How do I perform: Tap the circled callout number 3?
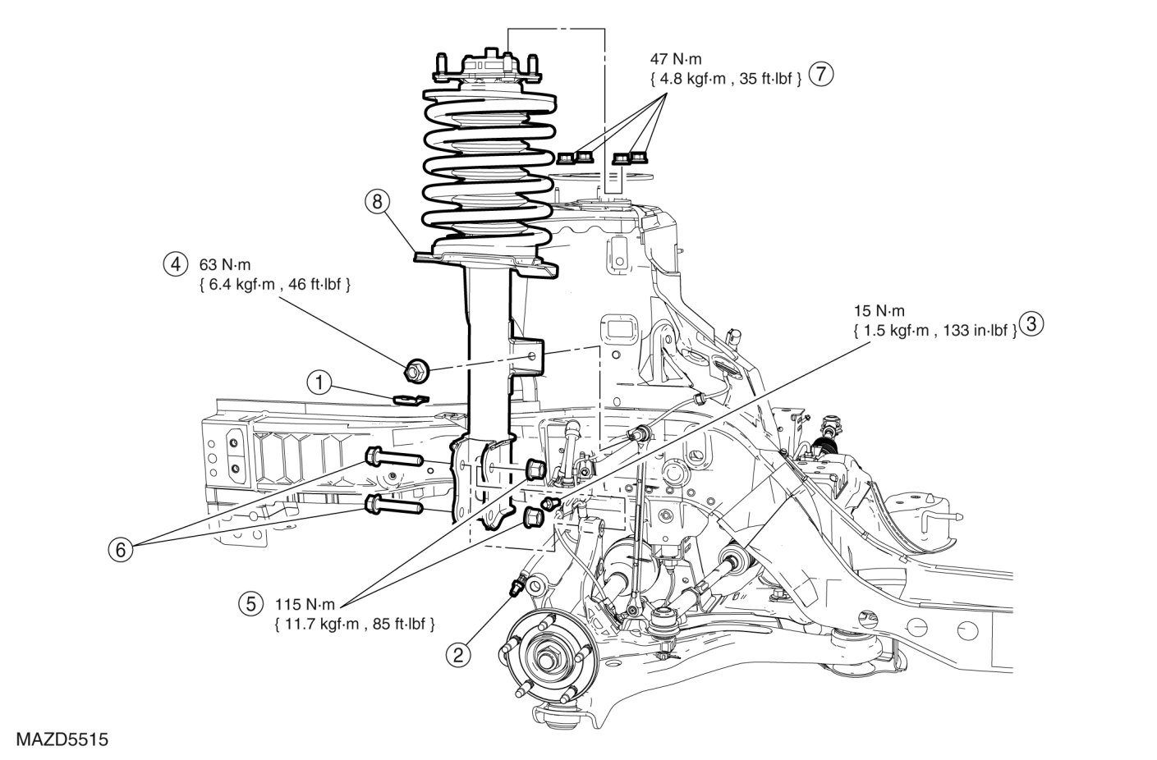1032,324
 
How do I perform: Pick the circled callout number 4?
174,265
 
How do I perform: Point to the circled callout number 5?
249,604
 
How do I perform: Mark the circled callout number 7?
820,74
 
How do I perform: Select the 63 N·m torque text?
226,266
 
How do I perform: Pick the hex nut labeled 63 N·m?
416,371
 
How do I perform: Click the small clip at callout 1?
409,399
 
